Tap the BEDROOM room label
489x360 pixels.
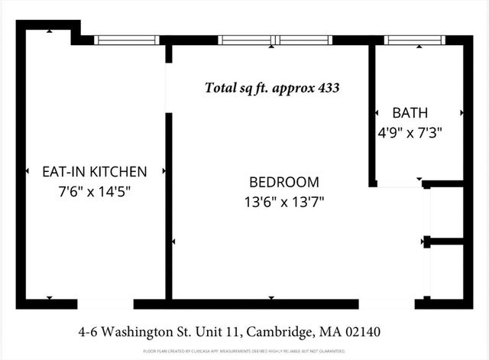coord(284,182)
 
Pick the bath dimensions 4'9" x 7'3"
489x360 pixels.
coord(410,131)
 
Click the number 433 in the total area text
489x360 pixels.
coord(326,88)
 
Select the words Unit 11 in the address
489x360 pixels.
coord(219,332)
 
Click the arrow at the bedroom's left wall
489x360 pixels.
coord(175,242)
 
